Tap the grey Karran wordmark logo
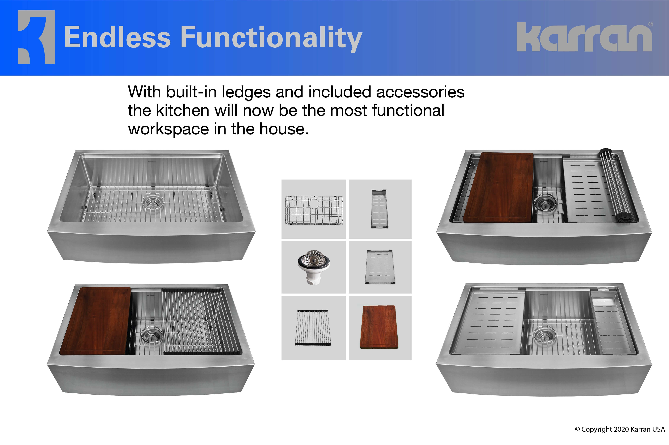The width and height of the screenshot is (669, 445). [584, 37]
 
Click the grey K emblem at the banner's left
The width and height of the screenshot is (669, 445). [36, 37]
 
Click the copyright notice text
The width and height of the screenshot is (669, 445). [620, 429]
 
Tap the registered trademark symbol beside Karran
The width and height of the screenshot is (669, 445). [651, 24]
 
